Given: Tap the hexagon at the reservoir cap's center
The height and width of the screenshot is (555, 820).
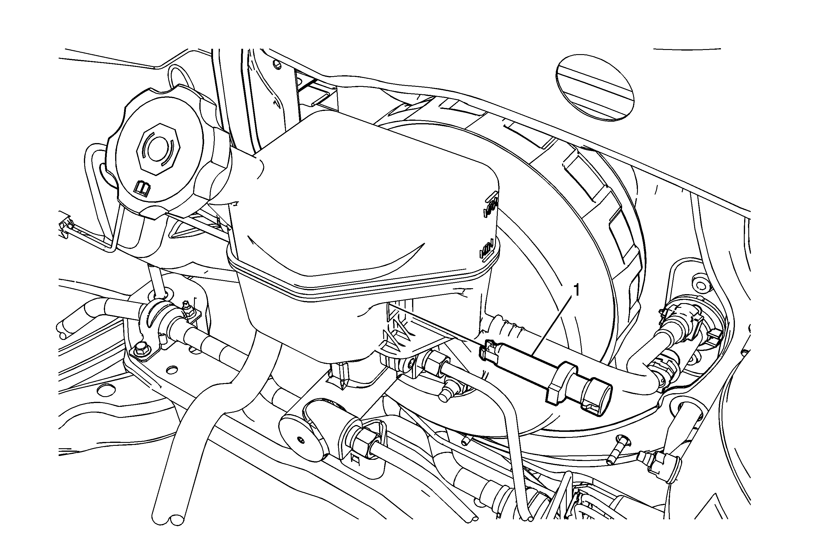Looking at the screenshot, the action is [x=159, y=149].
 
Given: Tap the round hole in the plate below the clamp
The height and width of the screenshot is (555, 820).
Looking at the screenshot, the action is [x=171, y=370].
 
